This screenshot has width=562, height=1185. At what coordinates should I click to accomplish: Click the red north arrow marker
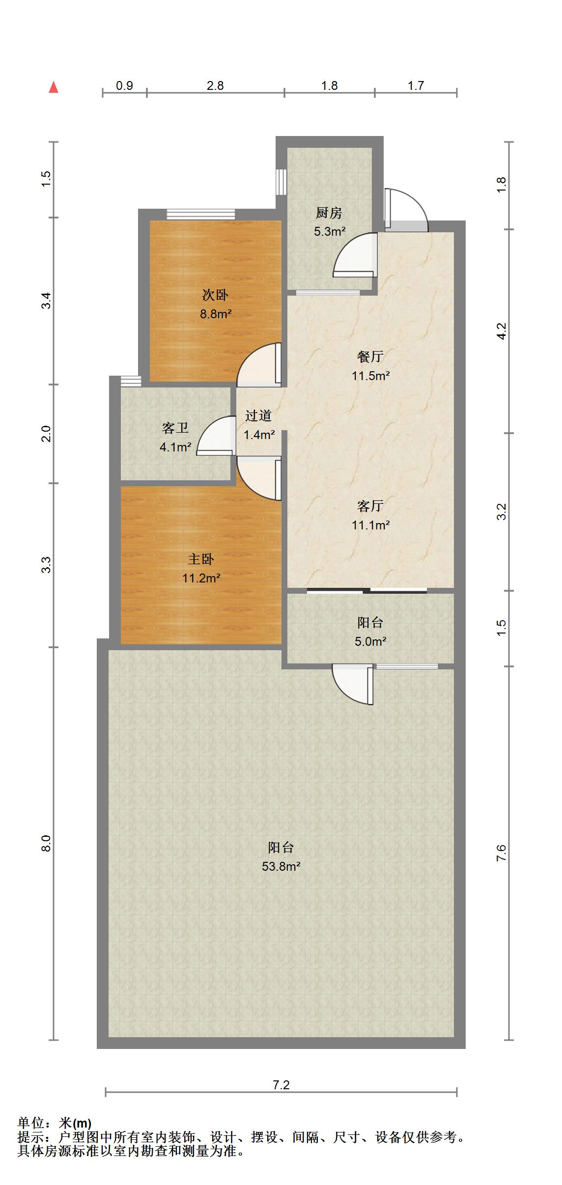coord(54,87)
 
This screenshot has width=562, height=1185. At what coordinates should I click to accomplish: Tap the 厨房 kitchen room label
coord(329,213)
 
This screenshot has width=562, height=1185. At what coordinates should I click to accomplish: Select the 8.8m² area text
coord(216,314)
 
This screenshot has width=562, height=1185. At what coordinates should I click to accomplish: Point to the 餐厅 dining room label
coord(370,357)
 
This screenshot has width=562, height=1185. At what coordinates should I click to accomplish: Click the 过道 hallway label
coord(258,416)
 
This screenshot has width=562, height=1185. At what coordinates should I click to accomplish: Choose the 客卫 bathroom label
coord(175,428)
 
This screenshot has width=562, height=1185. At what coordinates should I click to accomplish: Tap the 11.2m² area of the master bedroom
coord(201,579)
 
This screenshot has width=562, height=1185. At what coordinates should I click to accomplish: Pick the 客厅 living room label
coord(370,506)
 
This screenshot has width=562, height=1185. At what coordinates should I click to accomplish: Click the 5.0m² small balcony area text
coord(370,641)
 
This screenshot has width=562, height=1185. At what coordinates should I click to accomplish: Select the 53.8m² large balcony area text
coord(281,866)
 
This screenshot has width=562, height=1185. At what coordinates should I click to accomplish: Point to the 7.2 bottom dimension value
coord(281,1085)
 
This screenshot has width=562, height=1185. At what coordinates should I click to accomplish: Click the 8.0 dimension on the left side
coord(46,844)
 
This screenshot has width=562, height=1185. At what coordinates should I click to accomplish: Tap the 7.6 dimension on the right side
coord(501,854)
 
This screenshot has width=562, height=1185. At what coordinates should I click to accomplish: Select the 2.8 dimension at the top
coord(215,86)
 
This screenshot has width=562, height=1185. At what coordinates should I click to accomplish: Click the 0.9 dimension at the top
coord(124,86)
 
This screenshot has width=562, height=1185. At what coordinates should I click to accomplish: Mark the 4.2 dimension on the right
coord(501,331)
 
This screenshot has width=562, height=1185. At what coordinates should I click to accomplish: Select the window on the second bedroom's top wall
coord(200,214)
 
